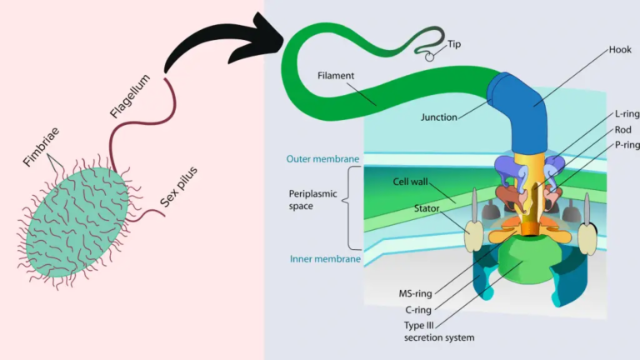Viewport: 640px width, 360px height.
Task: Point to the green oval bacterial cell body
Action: [x=79, y=220]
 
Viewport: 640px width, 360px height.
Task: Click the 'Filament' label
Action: [x=336, y=75]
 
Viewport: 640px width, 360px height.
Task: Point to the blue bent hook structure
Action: [x=517, y=100]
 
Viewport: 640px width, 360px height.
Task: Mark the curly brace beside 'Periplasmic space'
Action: [x=352, y=207]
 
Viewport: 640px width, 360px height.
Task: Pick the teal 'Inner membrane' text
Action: [x=325, y=259]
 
